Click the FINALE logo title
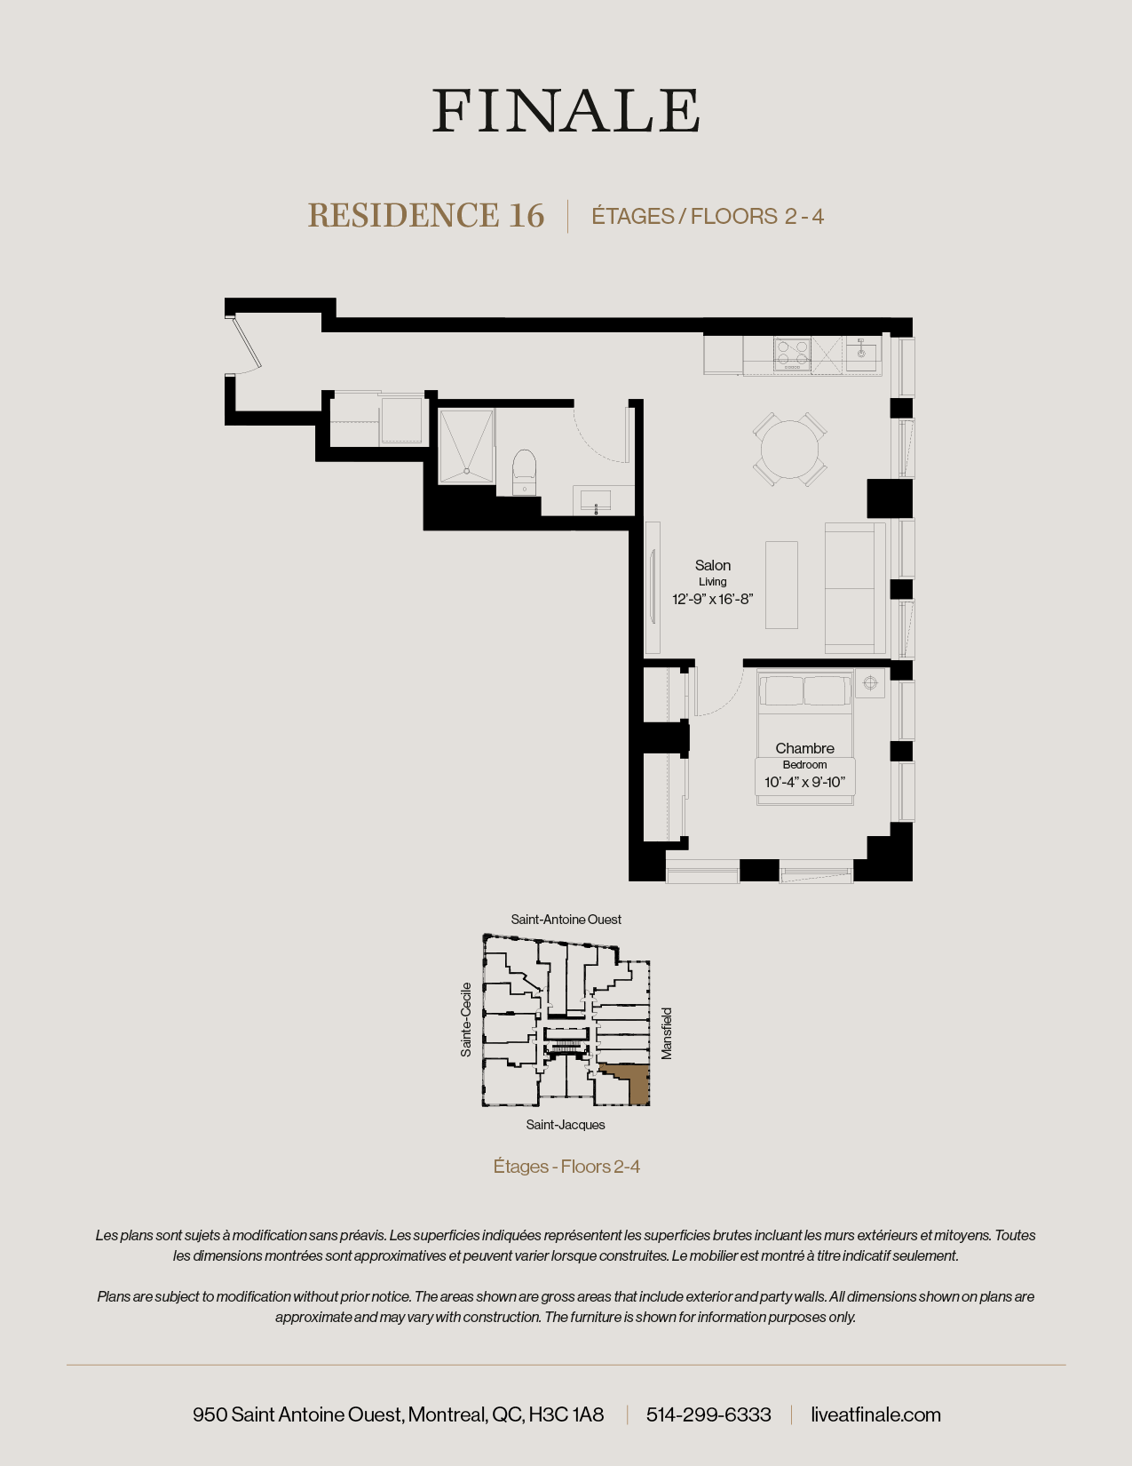pyautogui.click(x=566, y=111)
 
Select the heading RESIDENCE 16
pyautogui.click(x=425, y=216)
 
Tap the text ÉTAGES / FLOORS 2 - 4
pyautogui.click(x=708, y=217)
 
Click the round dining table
pyautogui.click(x=790, y=449)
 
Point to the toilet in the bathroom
pyautogui.click(x=525, y=471)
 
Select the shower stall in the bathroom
pyautogui.click(x=466, y=446)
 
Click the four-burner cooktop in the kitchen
pyautogui.click(x=792, y=354)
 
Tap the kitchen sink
pyautogui.click(x=861, y=355)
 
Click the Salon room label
pyautogui.click(x=713, y=565)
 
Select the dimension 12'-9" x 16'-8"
pyautogui.click(x=712, y=599)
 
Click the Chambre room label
pyautogui.click(x=804, y=748)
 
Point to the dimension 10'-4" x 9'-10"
pyautogui.click(x=804, y=782)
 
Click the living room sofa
pyautogui.click(x=854, y=588)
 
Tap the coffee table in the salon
pyautogui.click(x=781, y=585)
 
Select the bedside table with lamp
pyautogui.click(x=870, y=683)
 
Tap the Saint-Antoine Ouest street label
pyautogui.click(x=566, y=920)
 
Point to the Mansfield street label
pyautogui.click(x=667, y=1032)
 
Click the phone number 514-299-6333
pyautogui.click(x=708, y=1414)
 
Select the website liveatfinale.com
pyautogui.click(x=875, y=1414)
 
